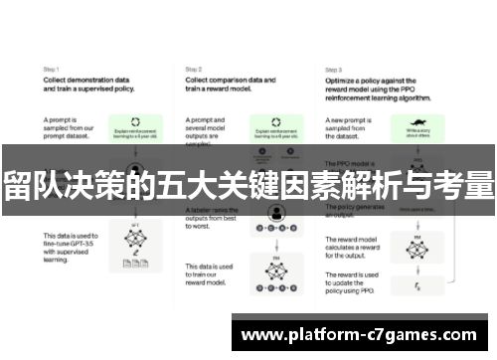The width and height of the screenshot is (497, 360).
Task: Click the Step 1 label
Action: [50, 69]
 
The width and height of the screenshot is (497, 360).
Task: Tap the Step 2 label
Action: [194, 69]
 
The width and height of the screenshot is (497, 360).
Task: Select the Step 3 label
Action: [334, 69]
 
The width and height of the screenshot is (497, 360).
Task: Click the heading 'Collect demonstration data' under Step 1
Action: [84, 80]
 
